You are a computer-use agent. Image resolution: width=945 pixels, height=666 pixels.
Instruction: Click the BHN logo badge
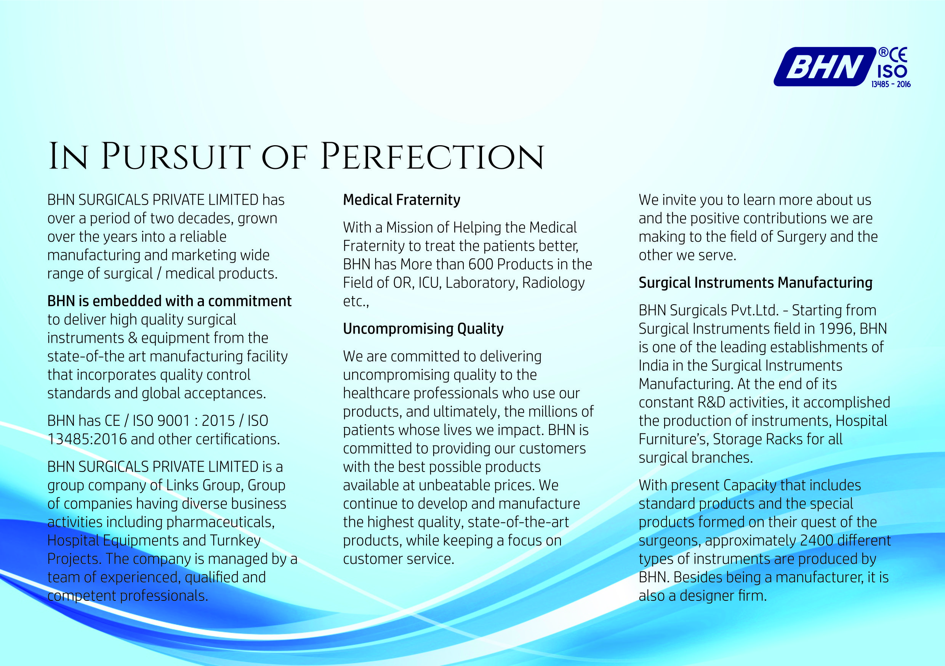click(x=825, y=67)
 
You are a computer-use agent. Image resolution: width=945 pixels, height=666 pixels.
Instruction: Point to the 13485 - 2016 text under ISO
click(x=891, y=84)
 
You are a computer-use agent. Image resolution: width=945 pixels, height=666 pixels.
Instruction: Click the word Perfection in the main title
click(x=432, y=157)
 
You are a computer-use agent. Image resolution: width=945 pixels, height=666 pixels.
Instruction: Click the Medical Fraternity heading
click(x=402, y=200)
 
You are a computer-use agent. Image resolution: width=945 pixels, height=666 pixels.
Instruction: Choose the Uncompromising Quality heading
click(x=423, y=329)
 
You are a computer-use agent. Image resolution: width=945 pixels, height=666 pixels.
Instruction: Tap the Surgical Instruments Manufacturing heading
click(x=756, y=282)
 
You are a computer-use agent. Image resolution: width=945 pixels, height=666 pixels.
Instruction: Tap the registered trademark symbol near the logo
click(x=883, y=52)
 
